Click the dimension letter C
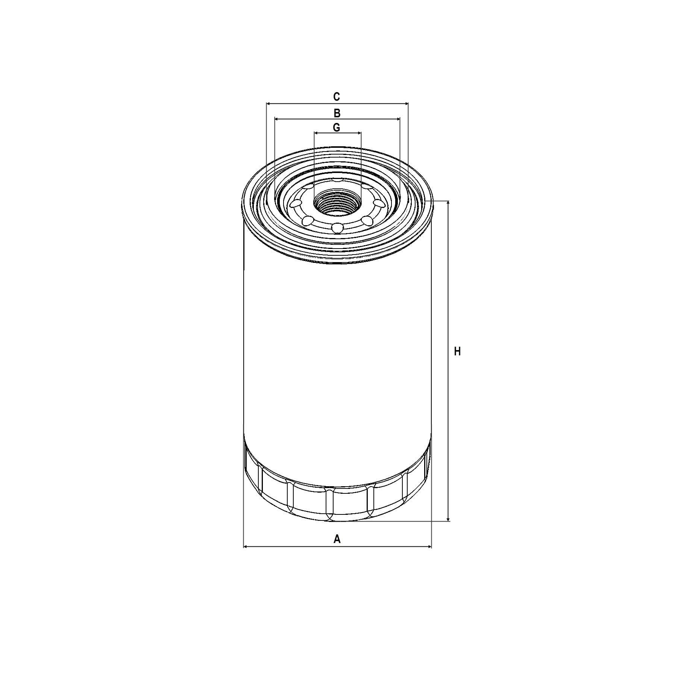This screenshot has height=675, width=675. click(x=337, y=97)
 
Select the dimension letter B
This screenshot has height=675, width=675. click(x=337, y=113)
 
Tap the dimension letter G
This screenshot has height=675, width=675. click(x=337, y=127)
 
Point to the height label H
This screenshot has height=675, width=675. click(x=457, y=352)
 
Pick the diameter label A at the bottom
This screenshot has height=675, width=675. click(x=337, y=539)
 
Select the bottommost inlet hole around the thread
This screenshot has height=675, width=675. click(x=337, y=228)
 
